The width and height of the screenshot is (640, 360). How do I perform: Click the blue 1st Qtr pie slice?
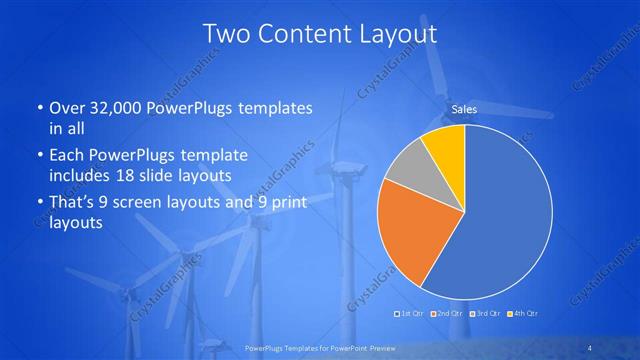505,220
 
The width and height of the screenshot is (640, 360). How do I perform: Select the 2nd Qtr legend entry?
449,314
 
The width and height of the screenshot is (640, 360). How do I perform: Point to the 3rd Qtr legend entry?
485,314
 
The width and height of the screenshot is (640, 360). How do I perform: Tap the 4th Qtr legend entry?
521,314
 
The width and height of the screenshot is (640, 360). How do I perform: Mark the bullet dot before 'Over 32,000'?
38,108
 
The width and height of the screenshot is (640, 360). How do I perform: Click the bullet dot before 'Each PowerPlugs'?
38,156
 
